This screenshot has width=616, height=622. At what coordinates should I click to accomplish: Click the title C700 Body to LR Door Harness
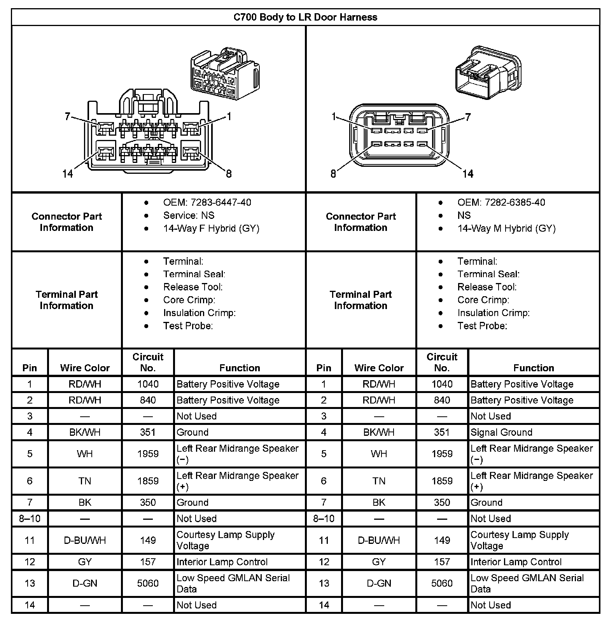click(x=305, y=17)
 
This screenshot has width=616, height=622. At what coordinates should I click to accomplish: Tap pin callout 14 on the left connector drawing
click(x=68, y=173)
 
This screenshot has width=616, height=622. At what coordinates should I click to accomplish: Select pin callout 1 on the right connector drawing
click(x=334, y=116)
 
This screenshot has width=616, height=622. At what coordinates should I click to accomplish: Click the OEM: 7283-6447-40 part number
click(x=207, y=203)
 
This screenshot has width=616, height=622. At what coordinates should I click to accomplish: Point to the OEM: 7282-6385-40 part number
click(x=501, y=203)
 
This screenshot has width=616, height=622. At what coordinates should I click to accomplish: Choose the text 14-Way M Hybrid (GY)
click(x=506, y=228)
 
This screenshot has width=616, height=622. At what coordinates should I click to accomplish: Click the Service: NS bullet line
click(x=189, y=215)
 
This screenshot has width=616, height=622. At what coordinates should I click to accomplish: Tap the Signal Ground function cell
click(x=501, y=432)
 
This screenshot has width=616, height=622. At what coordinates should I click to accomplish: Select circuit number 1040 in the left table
click(x=148, y=384)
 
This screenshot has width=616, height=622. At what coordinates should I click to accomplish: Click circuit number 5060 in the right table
click(x=442, y=583)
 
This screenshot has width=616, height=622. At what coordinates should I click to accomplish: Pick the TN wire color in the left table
click(x=85, y=481)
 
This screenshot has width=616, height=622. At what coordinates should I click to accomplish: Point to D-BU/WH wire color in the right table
click(x=379, y=540)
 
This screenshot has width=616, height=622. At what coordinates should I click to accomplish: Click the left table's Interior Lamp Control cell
click(x=222, y=562)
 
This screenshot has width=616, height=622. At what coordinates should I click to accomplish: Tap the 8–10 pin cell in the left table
click(x=30, y=519)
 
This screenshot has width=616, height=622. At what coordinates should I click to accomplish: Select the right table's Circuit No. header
click(x=442, y=362)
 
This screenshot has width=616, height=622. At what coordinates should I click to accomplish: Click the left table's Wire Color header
click(x=85, y=368)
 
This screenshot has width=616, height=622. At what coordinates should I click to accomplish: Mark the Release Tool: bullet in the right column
click(x=487, y=287)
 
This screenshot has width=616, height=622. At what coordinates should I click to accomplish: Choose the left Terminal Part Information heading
click(x=66, y=300)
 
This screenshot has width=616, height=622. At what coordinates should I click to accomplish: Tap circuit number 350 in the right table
click(x=442, y=502)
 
